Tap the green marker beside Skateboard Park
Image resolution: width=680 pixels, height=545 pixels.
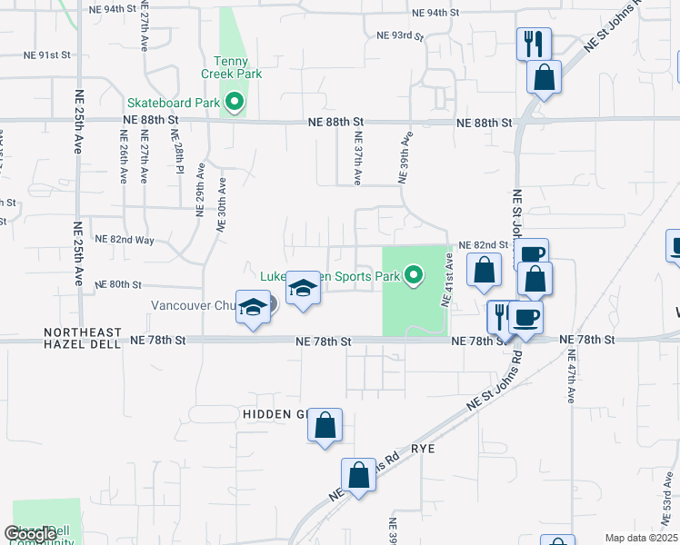(x=235, y=103)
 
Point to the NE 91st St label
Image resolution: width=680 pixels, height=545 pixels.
(x=47, y=55)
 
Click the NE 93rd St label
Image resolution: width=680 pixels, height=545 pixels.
(x=400, y=35)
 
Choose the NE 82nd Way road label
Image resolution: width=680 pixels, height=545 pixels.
(x=124, y=240)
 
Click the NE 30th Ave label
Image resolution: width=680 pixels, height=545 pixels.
(x=221, y=205)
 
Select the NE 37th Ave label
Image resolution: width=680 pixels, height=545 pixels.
(x=358, y=159)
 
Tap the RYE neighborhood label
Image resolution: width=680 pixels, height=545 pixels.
(x=425, y=449)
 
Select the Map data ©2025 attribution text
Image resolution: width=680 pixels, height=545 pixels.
(x=641, y=538)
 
